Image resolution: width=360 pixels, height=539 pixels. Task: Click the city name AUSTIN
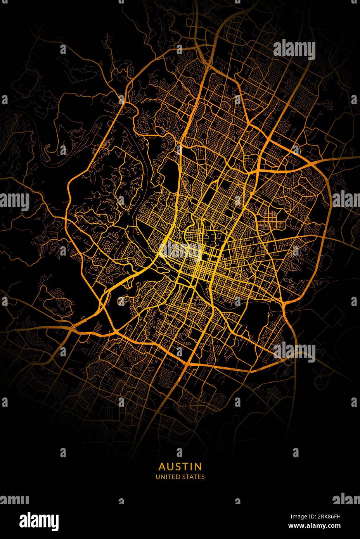coord(180,466)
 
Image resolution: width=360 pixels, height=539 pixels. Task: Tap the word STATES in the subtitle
coord(193,477)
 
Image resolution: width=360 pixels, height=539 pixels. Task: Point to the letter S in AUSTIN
coord(178,466)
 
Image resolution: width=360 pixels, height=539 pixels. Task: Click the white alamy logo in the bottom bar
coord(39,520)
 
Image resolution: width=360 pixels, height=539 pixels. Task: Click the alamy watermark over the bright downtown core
coord(180,251)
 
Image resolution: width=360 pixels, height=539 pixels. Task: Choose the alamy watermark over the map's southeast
coord(294,352)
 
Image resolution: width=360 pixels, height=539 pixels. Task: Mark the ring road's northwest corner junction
coord(123,102)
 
